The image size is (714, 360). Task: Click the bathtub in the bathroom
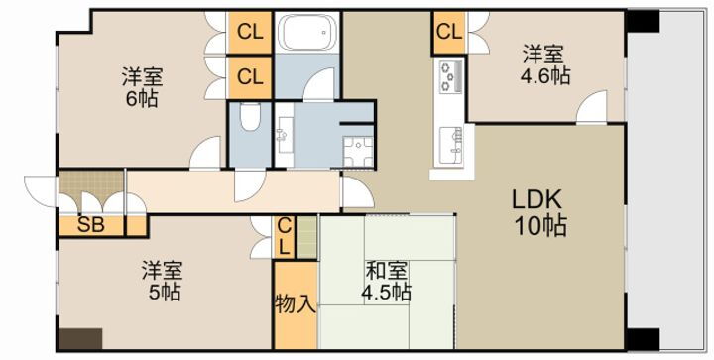click(308, 36)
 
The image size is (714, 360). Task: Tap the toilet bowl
click(249, 123)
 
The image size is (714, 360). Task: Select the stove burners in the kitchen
click(449, 75)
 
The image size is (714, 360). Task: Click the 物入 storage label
click(296, 302)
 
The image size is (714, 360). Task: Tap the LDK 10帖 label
click(539, 212)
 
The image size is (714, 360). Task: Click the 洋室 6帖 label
click(143, 87)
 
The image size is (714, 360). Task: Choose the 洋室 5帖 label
click(160, 280)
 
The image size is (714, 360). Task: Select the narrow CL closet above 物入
click(284, 237)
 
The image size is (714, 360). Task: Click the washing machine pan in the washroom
click(355, 151)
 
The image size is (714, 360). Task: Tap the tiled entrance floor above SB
click(90, 185)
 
